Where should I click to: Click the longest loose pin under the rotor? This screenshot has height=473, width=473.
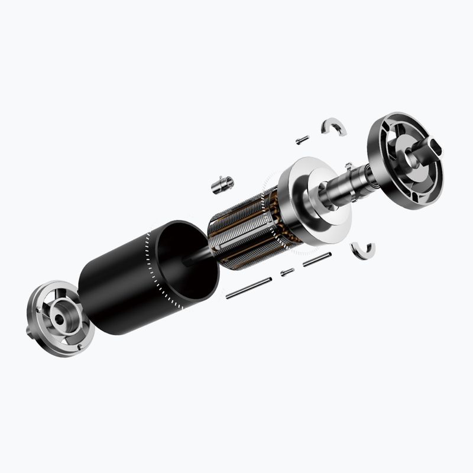pyautogui.click(x=248, y=287)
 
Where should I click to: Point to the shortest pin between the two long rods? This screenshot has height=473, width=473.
pyautogui.click(x=287, y=272)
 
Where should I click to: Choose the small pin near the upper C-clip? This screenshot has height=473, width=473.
pyautogui.click(x=302, y=140)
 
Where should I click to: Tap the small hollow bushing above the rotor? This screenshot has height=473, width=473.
pyautogui.click(x=222, y=184)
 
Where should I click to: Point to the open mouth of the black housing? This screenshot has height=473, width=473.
pyautogui.click(x=183, y=260)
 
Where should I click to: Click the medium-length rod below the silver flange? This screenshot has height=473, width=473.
pyautogui.click(x=317, y=260)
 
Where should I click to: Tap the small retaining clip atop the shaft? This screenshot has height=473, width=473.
pyautogui.click(x=349, y=167)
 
